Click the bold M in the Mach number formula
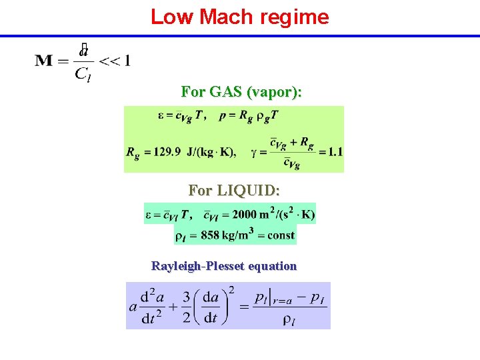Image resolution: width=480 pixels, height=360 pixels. pyautogui.click(x=44, y=61)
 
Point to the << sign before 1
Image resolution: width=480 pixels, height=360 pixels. pyautogui.click(x=109, y=61)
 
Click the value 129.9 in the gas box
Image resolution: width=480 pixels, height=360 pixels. pyautogui.click(x=167, y=151)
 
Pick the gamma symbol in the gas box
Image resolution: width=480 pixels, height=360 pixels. pyautogui.click(x=254, y=152)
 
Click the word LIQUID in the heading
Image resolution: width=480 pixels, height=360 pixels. pyautogui.click(x=246, y=191)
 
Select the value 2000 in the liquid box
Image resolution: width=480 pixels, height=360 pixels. pyautogui.click(x=245, y=215)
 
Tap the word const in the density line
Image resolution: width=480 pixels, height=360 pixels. pyautogui.click(x=281, y=235)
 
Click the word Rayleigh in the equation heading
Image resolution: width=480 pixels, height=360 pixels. pyautogui.click(x=175, y=266)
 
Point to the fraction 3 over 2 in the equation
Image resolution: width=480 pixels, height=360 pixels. pyautogui.click(x=187, y=306)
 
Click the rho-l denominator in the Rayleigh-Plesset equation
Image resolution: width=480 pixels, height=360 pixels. pyautogui.click(x=289, y=321)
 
